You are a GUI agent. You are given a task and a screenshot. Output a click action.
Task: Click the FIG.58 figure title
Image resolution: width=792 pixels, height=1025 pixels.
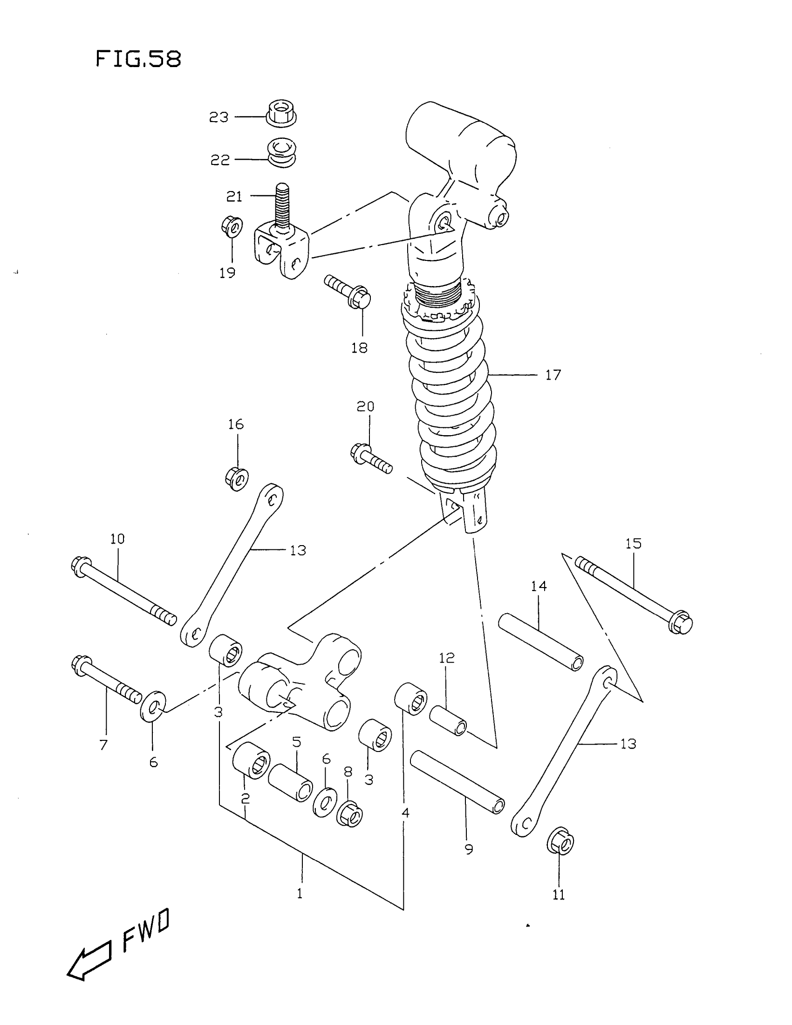[x=138, y=60]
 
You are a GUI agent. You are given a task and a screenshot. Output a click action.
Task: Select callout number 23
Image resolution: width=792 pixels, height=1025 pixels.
[x=218, y=117]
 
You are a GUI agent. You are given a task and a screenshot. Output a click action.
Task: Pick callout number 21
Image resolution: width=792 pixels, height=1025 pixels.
[x=234, y=196]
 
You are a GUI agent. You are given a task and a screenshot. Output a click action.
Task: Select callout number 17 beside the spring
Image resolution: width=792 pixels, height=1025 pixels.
[x=553, y=375]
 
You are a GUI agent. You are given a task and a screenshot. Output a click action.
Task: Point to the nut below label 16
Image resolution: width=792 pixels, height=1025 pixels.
[x=237, y=478]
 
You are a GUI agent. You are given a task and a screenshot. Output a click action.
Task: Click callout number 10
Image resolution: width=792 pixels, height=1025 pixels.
[x=117, y=539]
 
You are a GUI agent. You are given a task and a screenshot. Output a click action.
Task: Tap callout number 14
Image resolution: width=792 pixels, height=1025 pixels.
[x=539, y=586]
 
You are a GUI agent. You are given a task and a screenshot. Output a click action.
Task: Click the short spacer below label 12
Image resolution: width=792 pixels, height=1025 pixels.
[x=448, y=721]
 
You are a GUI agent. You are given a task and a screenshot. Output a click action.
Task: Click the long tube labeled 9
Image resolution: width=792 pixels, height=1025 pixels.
[x=457, y=781]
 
